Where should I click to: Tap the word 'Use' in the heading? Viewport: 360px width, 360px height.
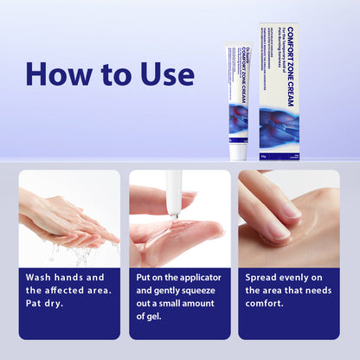point(164,74)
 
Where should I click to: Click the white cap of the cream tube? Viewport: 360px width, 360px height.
point(238,151)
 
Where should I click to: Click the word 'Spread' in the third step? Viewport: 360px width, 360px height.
point(266,277)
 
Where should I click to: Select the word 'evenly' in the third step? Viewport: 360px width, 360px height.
point(304,277)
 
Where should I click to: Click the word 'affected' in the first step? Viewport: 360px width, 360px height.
point(74,291)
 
